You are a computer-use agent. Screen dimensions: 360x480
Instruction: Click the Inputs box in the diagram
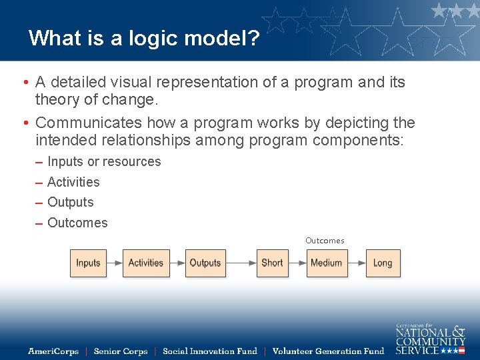(x=88, y=263)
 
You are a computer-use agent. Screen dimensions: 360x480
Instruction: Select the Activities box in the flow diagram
(x=146, y=263)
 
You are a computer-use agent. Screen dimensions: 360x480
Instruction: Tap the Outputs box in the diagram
(x=205, y=263)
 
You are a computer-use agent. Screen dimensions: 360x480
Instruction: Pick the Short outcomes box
(x=272, y=263)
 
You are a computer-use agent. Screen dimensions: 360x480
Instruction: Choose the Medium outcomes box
(x=326, y=263)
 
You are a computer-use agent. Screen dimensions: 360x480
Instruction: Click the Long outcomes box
(x=383, y=263)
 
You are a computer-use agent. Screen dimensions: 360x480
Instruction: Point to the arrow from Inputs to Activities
(x=114, y=263)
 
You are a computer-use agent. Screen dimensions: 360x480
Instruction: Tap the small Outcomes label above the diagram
(x=325, y=241)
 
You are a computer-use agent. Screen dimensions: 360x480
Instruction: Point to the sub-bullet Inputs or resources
(x=104, y=162)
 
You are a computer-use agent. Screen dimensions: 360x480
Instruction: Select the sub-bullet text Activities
(x=73, y=182)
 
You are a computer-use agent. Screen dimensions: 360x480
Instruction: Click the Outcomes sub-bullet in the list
(x=77, y=223)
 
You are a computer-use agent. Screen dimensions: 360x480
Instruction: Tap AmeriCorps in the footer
(x=53, y=351)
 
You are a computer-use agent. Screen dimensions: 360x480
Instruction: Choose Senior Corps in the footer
(x=120, y=351)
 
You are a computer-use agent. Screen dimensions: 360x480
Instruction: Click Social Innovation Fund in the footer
(x=209, y=351)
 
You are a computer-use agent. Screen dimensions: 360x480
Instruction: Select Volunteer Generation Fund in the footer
(x=328, y=351)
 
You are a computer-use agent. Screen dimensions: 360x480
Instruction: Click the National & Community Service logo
(x=430, y=339)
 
